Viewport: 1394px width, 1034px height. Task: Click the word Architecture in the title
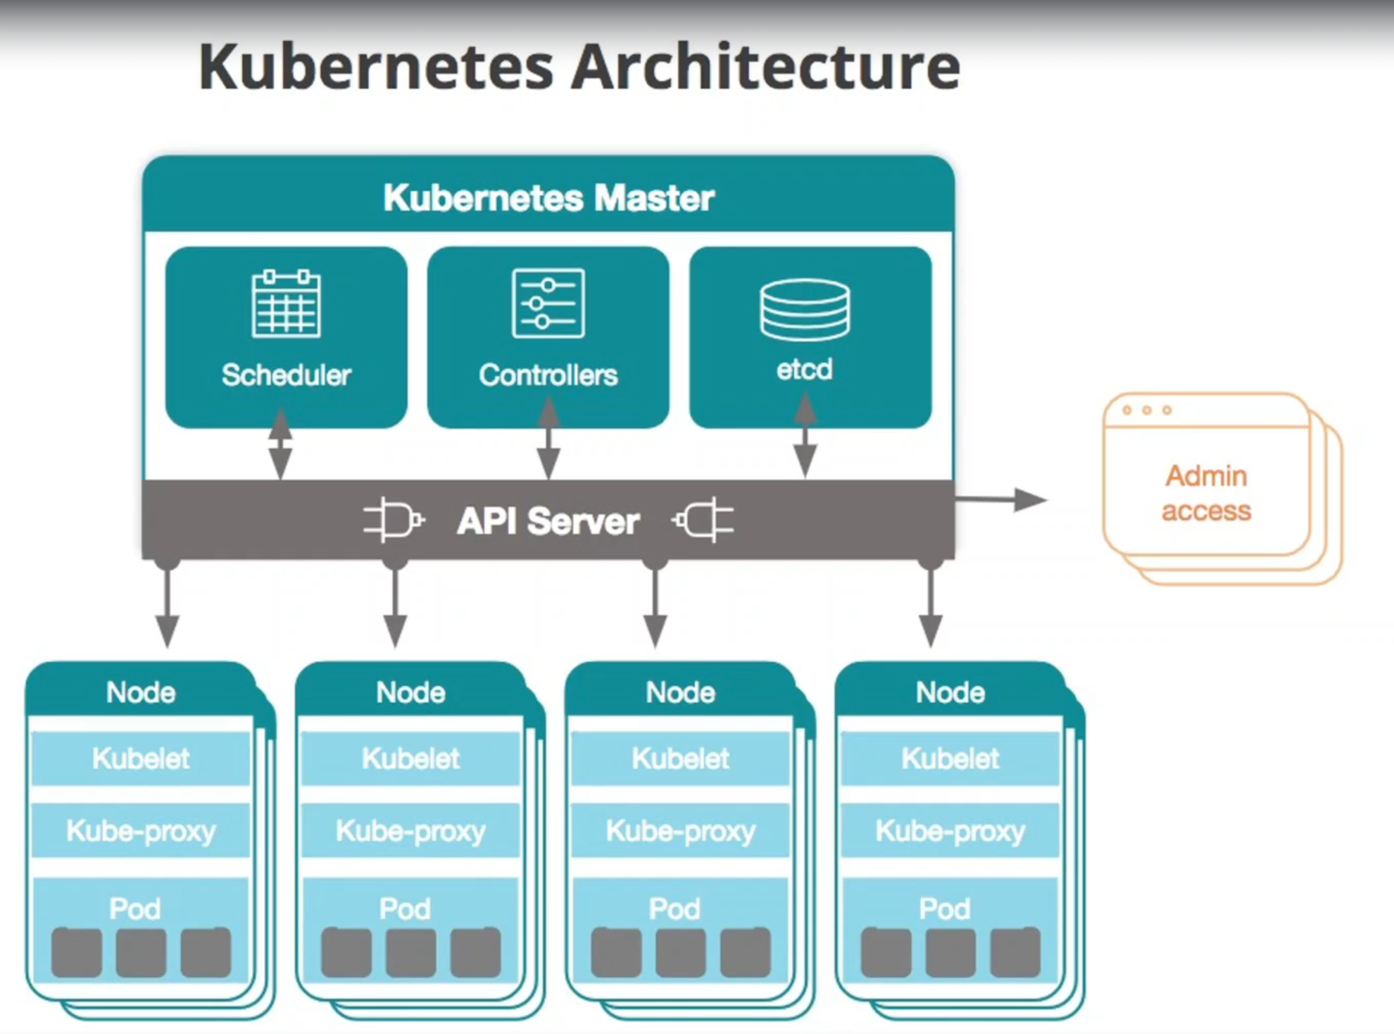click(765, 67)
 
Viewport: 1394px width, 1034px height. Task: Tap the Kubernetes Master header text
click(548, 197)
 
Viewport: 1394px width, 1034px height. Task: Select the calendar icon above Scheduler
click(286, 304)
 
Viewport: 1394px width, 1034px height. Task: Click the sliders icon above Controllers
click(548, 304)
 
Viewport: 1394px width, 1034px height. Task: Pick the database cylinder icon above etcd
click(805, 310)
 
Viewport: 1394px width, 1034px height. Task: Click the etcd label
click(805, 369)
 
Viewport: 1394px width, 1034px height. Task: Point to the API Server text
click(548, 522)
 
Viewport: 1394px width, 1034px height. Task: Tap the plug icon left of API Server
click(393, 521)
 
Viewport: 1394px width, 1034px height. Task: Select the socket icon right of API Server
click(703, 521)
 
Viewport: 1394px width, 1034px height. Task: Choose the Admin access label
click(1206, 493)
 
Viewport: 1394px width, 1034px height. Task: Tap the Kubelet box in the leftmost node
click(141, 759)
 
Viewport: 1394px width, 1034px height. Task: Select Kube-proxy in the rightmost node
click(950, 831)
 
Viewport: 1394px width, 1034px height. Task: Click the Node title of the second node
click(410, 692)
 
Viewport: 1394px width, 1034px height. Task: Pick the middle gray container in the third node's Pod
click(680, 952)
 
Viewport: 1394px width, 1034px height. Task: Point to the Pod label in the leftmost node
click(135, 909)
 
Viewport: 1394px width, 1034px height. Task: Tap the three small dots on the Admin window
click(1147, 410)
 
